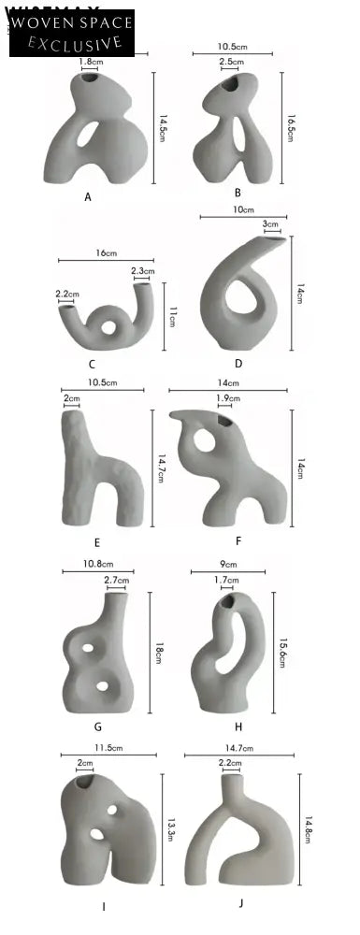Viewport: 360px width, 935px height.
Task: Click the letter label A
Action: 88,197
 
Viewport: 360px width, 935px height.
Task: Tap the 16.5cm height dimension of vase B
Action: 291,122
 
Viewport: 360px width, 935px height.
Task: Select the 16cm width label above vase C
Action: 106,252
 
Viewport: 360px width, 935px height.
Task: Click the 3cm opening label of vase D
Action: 270,224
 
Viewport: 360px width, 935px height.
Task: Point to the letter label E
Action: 96,541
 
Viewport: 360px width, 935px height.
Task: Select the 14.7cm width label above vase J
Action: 241,748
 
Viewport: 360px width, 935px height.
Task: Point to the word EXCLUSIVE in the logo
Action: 75,42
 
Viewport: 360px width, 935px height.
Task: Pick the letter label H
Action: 239,726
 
